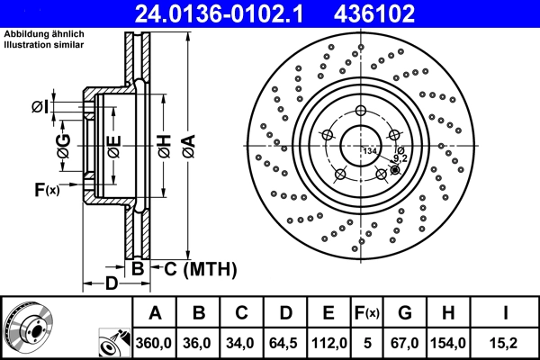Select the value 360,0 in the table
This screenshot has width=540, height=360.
(155, 343)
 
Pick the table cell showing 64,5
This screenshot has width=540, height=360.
(284, 343)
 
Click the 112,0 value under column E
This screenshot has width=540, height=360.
(328, 343)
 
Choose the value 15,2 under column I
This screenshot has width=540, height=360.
(506, 343)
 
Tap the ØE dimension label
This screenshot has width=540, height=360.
(112, 147)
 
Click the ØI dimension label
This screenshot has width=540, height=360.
(40, 108)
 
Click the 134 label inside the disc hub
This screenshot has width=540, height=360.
(369, 150)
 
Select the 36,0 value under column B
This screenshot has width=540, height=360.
(198, 343)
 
